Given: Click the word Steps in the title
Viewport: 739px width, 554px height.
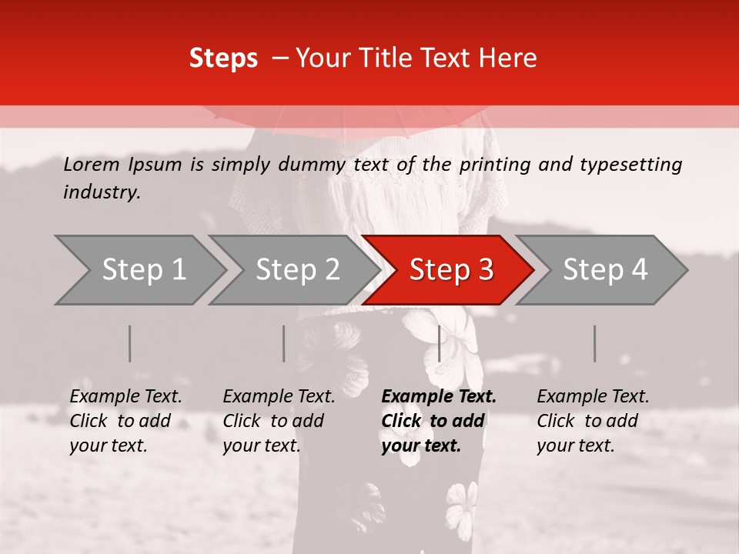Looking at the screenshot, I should tap(223, 58).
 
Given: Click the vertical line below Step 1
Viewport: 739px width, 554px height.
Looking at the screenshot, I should tap(130, 343).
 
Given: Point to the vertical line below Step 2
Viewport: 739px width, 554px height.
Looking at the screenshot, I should tap(284, 343).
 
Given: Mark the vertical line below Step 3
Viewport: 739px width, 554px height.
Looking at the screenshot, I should tap(440, 343).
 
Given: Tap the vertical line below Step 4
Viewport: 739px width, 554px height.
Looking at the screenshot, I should tap(595, 343).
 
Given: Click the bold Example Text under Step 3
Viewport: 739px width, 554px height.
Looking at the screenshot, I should tap(439, 397).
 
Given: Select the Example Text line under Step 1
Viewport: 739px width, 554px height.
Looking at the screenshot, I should tap(125, 397).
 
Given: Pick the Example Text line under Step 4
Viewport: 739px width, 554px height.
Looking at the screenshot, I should tap(593, 397).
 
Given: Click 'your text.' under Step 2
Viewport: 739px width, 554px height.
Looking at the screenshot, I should tap(262, 446).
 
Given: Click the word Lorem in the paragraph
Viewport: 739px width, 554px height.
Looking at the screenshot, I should tap(92, 165).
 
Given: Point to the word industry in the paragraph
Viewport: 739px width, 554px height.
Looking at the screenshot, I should tap(101, 192).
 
